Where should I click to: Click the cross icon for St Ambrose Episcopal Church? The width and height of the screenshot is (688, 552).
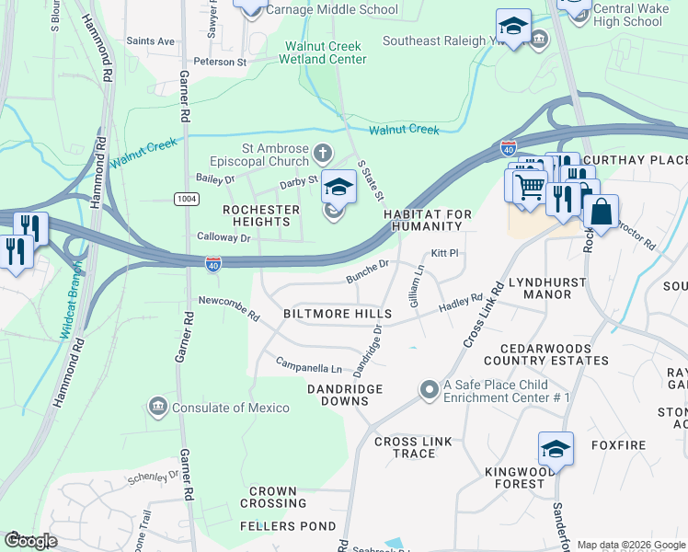[x=321, y=152]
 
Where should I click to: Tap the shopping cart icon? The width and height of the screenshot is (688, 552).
[x=529, y=187]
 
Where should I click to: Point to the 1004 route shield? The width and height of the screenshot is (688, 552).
[x=184, y=199]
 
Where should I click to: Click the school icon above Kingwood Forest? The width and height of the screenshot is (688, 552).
[x=556, y=449]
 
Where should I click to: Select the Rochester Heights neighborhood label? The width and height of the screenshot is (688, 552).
[x=262, y=216]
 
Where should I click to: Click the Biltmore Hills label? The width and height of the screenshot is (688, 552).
[x=338, y=314]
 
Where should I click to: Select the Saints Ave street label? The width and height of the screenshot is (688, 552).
[x=150, y=41]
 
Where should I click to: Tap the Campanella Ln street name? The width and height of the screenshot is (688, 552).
[x=309, y=363]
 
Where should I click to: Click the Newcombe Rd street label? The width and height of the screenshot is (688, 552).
[x=230, y=308]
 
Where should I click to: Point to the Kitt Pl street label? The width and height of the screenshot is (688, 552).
[x=444, y=253]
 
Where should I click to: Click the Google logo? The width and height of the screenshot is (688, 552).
[x=30, y=541]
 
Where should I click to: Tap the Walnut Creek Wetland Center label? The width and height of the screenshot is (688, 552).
[x=326, y=52]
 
